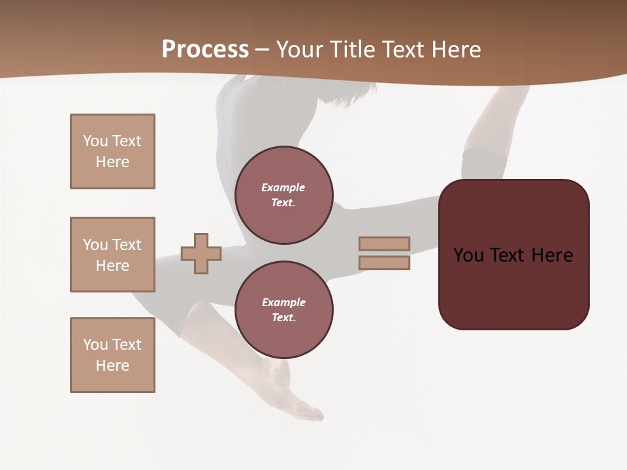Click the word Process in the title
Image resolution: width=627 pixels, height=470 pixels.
tap(205, 50)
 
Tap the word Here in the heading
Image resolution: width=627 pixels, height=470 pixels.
tap(455, 50)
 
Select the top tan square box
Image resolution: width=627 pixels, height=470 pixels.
tap(112, 151)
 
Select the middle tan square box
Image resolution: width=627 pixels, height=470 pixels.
tap(112, 255)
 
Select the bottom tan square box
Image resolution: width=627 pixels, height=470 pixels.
tap(112, 355)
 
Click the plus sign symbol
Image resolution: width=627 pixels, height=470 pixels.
tap(201, 253)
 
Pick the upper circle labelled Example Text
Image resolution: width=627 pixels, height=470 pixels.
tap(283, 195)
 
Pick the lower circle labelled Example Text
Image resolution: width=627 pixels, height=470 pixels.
tap(283, 310)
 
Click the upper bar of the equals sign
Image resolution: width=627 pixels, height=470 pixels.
tap(384, 243)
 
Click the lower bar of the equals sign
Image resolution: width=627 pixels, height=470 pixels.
tap(384, 262)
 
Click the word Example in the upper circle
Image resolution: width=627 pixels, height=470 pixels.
tap(283, 187)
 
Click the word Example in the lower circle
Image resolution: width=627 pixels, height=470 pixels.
tap(283, 302)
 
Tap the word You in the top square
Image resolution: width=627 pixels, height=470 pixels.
tap(95, 141)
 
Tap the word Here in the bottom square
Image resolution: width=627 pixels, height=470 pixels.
tap(112, 366)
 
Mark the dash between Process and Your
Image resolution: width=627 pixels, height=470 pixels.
tap(262, 50)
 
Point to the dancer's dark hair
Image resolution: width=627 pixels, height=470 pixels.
tap(340, 95)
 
